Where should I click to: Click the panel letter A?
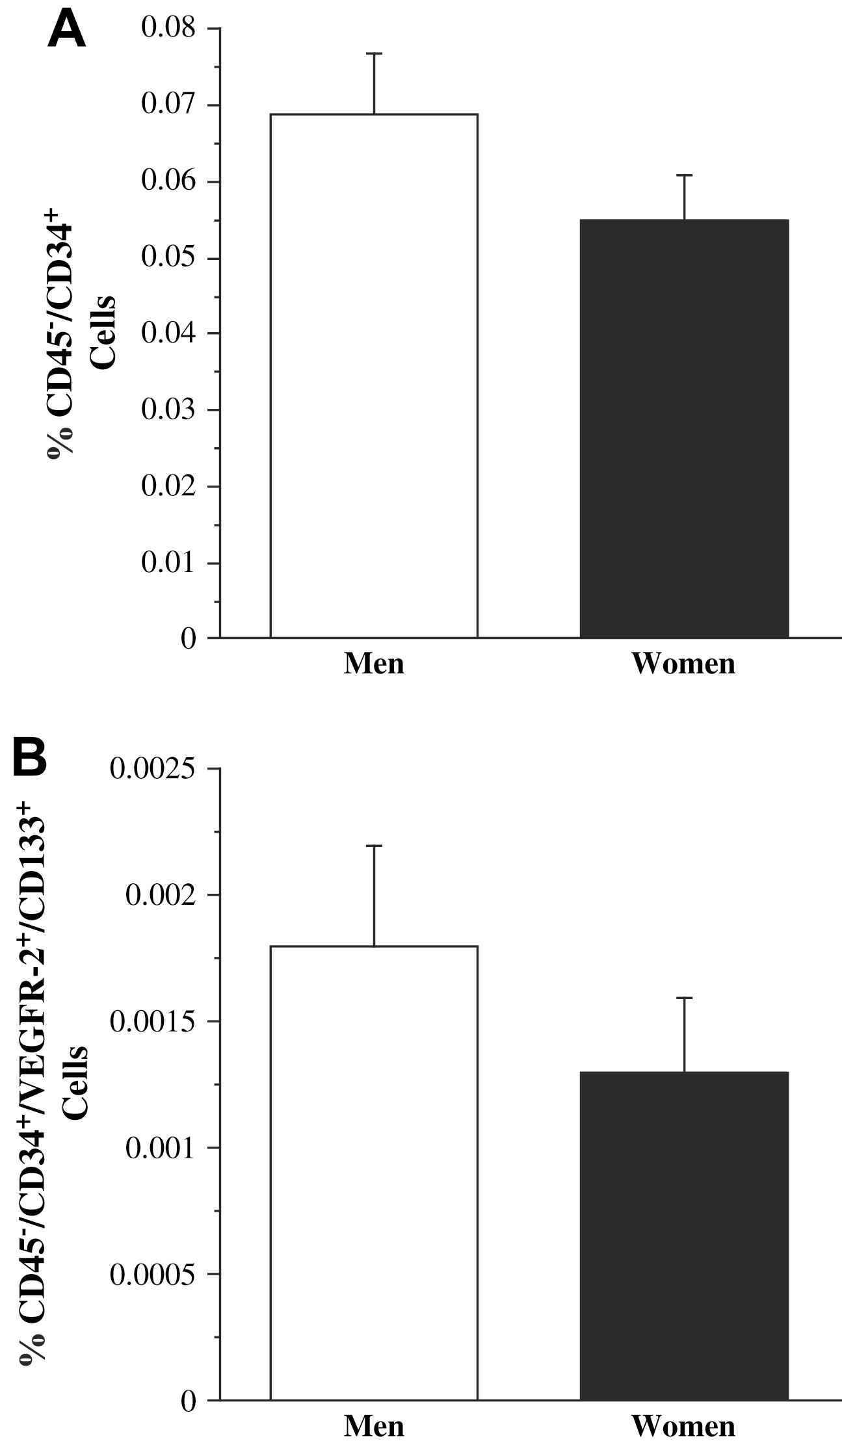pyautogui.click(x=67, y=31)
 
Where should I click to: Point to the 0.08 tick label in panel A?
pyautogui.click(x=168, y=29)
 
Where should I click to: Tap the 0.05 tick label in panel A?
pyautogui.click(x=168, y=258)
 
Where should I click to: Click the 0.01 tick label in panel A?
pyautogui.click(x=168, y=563)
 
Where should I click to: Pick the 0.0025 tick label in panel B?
pyautogui.click(x=152, y=769)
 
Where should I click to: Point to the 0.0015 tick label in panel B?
pyautogui.click(x=152, y=1022)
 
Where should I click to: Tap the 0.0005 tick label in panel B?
pyautogui.click(x=152, y=1275)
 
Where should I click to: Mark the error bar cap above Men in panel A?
pyautogui.click(x=374, y=53)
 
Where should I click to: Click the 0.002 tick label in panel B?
pyautogui.click(x=160, y=896)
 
